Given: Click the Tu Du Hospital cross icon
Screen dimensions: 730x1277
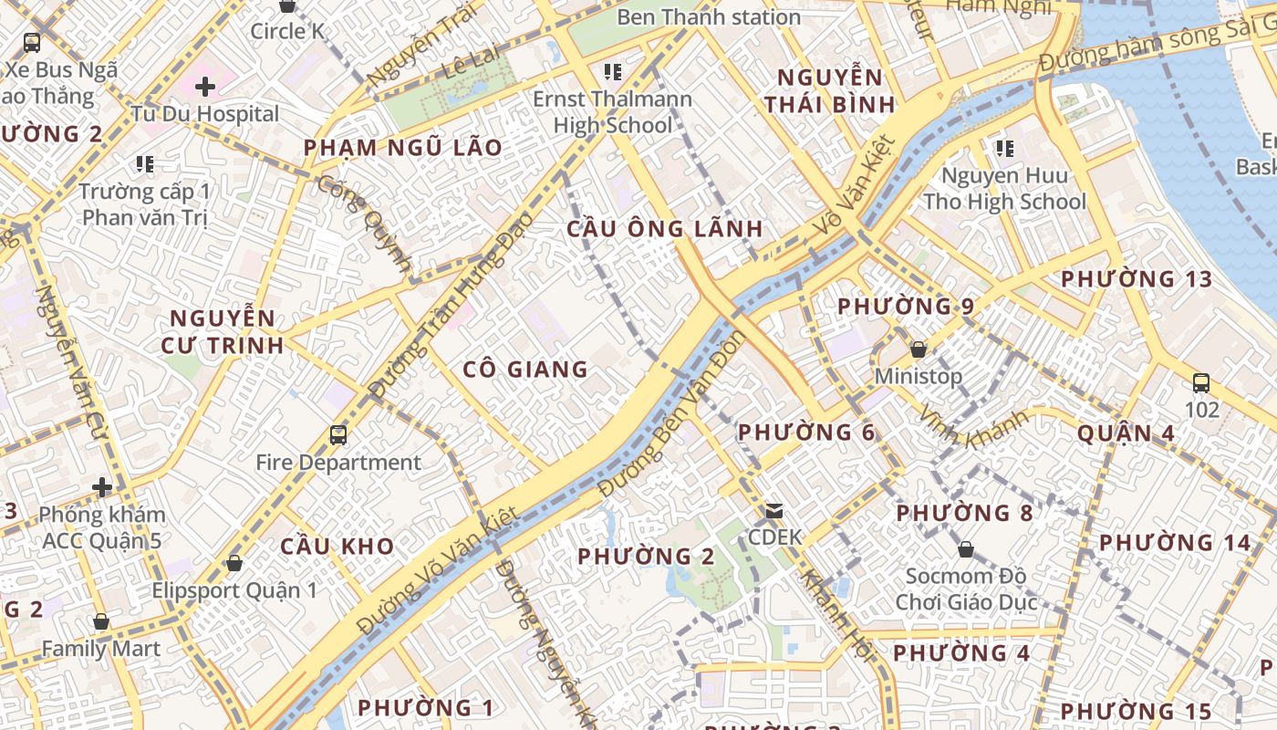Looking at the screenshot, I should pos(205,87).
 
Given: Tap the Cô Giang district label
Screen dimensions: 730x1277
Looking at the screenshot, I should pos(525,370).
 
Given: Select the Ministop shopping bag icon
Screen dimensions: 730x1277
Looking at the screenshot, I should pos(919,349).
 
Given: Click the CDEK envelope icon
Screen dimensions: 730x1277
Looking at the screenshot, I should pos(774,511).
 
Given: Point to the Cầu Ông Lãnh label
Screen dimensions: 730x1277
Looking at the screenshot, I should pos(664,229).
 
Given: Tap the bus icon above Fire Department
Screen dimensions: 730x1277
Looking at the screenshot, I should pos(338,435).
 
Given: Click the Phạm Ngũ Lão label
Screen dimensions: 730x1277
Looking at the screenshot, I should pos(402,148).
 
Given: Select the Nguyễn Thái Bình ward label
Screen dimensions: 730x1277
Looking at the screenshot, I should pos(830,90).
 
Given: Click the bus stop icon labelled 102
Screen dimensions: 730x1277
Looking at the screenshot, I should pos(1201,383).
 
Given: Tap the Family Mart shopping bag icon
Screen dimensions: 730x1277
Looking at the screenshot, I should pos(101,622).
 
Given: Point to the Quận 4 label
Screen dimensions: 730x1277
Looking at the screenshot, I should pos(1126,433).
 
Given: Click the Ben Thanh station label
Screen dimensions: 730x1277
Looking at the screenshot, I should pos(709,16).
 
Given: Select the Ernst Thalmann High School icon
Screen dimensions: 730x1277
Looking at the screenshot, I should pos(613,71).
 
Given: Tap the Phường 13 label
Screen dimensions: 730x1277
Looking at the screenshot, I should pos(1136,279).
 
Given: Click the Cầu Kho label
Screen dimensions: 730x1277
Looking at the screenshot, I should pos(337,547).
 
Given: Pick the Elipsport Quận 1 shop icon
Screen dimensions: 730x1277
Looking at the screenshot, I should pos(234,563).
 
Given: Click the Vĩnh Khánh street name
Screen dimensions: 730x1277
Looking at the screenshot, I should pos(973,425).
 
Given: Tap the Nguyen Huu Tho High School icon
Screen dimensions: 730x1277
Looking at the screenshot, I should pos(1005,148).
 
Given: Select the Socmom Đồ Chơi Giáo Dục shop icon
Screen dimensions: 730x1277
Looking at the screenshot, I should pos(966,549).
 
